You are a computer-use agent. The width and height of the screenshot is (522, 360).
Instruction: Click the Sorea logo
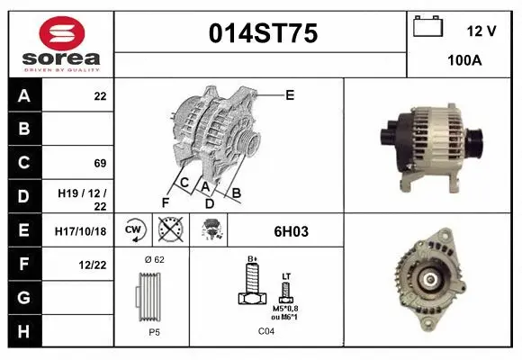pyautogui.click(x=61, y=45)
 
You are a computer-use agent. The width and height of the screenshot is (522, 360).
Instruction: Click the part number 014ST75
pyautogui.click(x=263, y=34)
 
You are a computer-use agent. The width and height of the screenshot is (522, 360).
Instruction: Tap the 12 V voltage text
pyautogui.click(x=481, y=31)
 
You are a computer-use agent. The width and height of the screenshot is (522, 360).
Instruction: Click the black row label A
pyautogui.click(x=24, y=95)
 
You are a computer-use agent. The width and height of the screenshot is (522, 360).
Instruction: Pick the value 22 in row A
pyautogui.click(x=100, y=95)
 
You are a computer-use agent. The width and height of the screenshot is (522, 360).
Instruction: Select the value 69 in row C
pyautogui.click(x=100, y=163)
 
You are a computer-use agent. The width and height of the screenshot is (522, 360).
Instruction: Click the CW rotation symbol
pyautogui.click(x=134, y=231)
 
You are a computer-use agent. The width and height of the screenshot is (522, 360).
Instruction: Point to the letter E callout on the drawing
pyautogui.click(x=290, y=94)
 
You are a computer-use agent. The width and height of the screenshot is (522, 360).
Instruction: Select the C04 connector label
pyautogui.click(x=266, y=331)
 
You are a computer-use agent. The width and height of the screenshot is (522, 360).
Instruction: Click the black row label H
pyautogui.click(x=24, y=332)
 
